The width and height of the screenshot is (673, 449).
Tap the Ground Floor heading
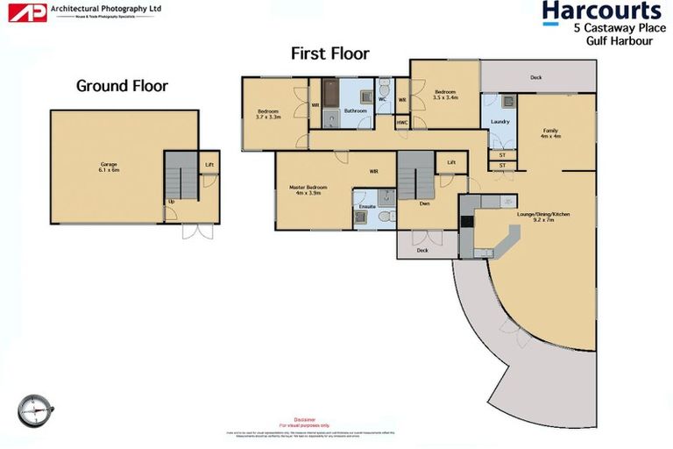(x=122, y=86)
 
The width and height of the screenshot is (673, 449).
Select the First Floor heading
(x=330, y=53)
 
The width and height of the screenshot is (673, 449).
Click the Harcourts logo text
(x=601, y=11)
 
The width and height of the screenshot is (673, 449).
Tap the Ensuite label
(x=367, y=207)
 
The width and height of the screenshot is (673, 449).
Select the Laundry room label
(x=500, y=121)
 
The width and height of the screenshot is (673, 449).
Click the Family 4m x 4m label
(x=549, y=133)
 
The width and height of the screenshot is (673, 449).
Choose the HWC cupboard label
(x=402, y=122)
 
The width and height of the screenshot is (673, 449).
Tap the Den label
(x=424, y=203)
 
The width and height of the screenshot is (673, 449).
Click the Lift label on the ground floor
(x=209, y=164)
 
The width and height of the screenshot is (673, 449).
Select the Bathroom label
(x=355, y=111)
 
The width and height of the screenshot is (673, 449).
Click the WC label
(x=382, y=99)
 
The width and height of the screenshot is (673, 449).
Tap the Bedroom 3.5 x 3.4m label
(x=445, y=94)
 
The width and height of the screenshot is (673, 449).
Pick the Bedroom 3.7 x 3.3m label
(x=268, y=114)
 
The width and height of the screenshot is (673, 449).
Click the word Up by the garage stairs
(x=170, y=203)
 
